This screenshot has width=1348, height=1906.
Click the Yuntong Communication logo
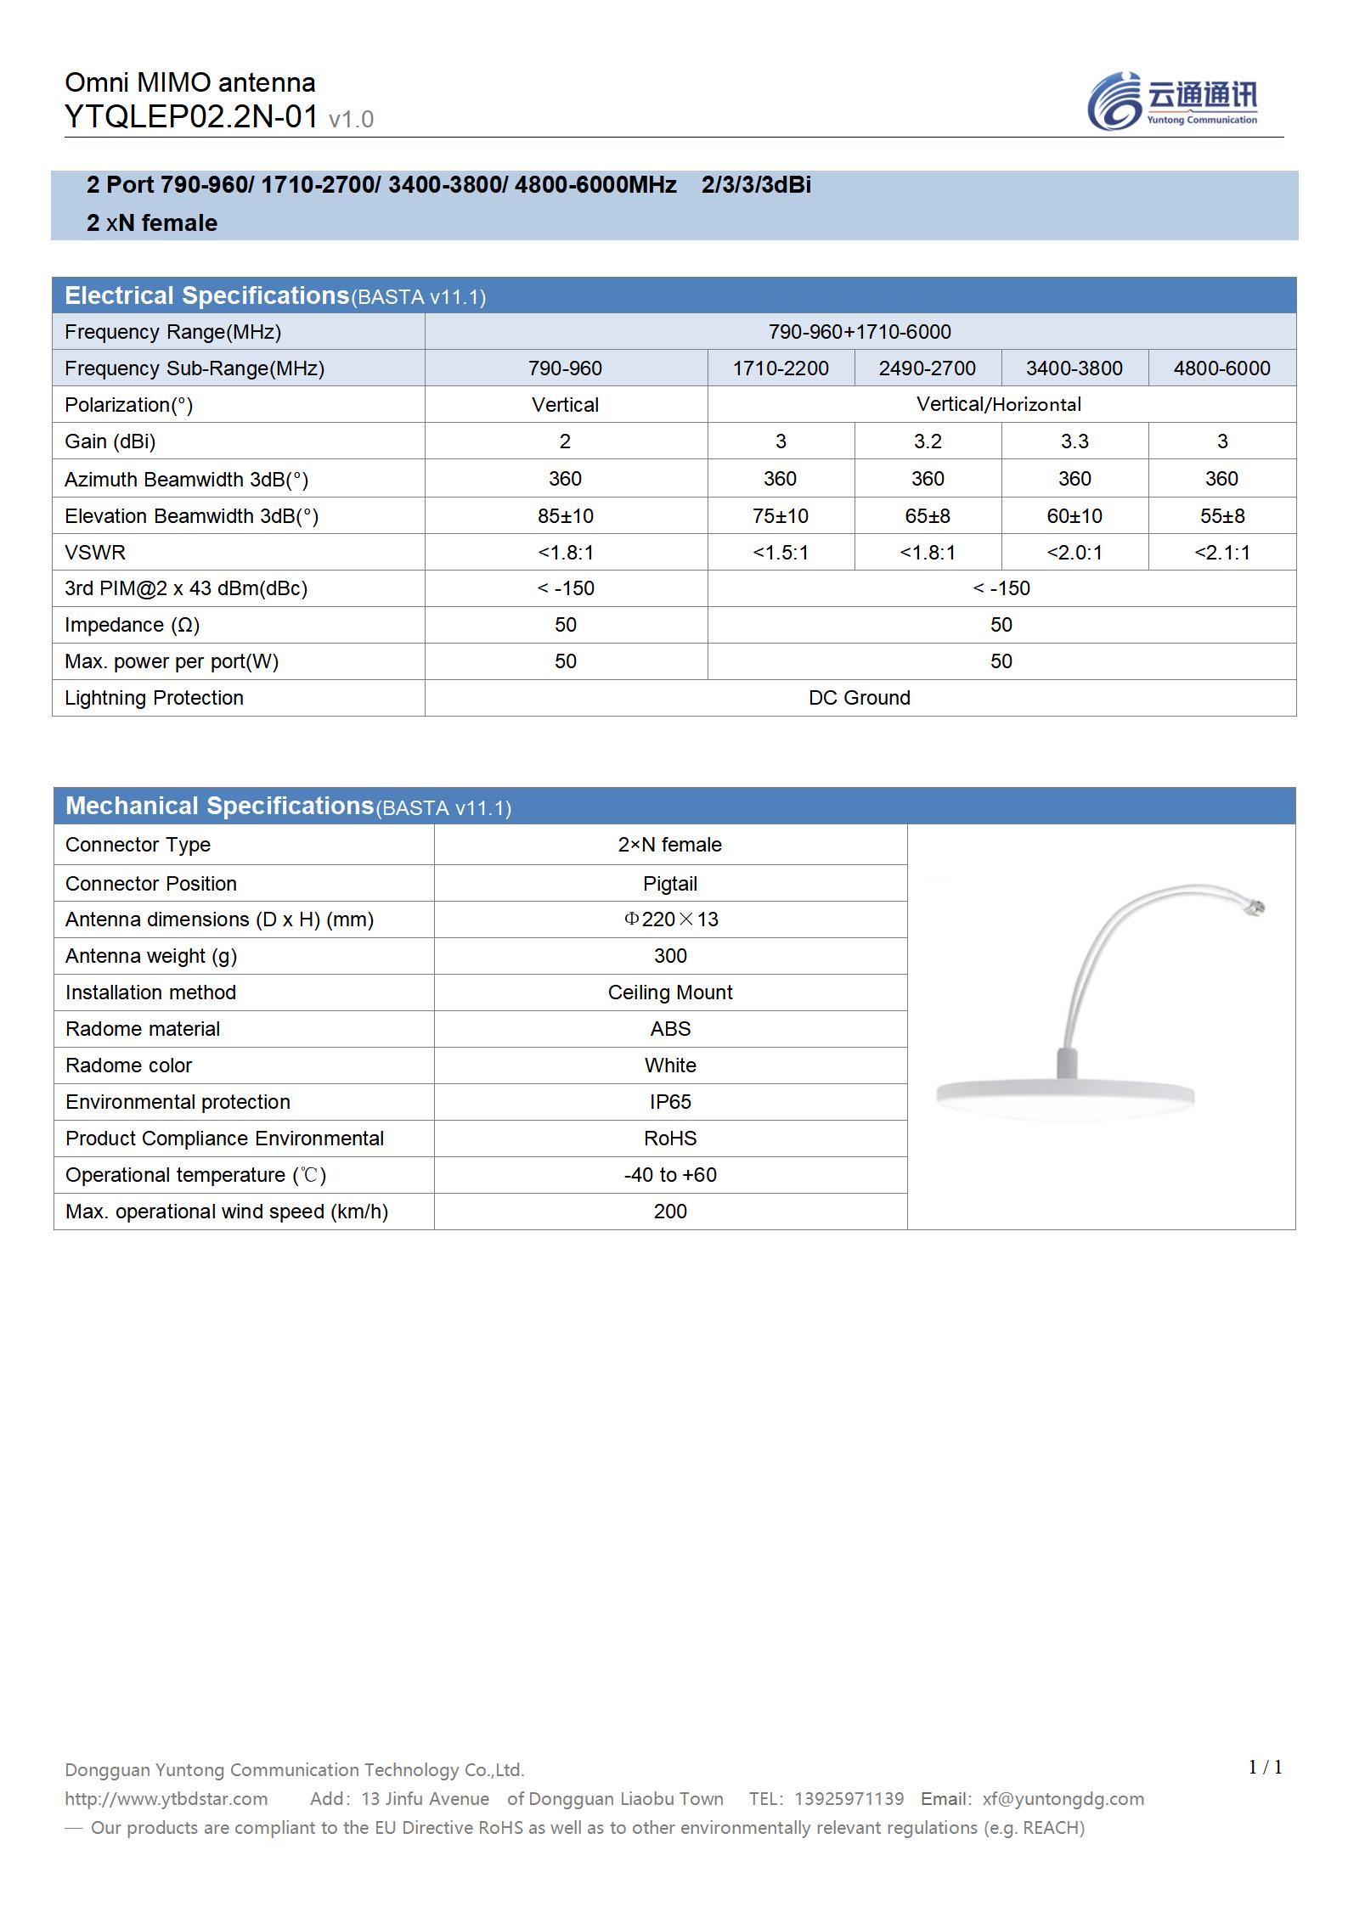tap(1172, 101)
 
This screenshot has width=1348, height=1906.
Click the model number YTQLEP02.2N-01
tap(192, 117)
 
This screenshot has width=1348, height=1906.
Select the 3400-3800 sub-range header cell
tap(1074, 368)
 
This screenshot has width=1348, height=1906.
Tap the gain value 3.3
tap(1074, 441)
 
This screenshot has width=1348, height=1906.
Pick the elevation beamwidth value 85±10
tap(565, 516)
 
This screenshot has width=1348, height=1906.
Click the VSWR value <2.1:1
tap(1221, 553)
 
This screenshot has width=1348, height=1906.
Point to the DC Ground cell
tap(859, 698)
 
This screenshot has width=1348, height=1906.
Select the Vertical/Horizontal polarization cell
tap(999, 405)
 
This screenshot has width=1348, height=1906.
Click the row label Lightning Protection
tap(154, 698)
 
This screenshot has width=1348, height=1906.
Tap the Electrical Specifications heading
tap(207, 295)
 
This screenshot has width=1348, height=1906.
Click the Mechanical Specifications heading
tap(220, 806)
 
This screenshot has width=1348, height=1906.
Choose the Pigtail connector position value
tap(669, 884)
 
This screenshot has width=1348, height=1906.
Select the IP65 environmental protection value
tap(669, 1102)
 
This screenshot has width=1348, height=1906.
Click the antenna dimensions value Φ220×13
tap(670, 919)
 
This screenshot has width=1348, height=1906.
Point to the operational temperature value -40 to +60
tap(669, 1175)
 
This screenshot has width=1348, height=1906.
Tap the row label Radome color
tap(129, 1065)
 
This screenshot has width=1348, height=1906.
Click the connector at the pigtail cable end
tap(1254, 908)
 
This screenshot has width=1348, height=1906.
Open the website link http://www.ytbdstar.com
tap(166, 1799)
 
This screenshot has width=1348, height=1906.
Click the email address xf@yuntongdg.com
tap(1063, 1799)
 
